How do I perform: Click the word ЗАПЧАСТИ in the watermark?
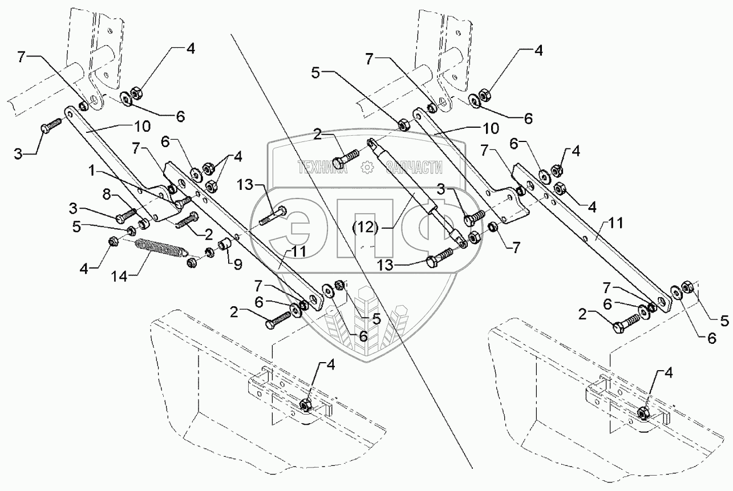point(415,167)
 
